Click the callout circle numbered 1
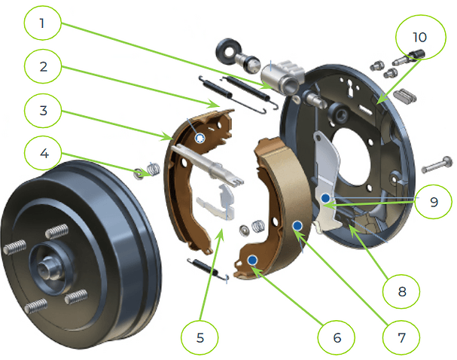pyautogui.click(x=42, y=23)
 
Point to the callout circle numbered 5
pyautogui.click(x=199, y=337)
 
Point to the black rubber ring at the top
pyautogui.click(x=226, y=50)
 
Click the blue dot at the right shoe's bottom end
pyautogui.click(x=252, y=260)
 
